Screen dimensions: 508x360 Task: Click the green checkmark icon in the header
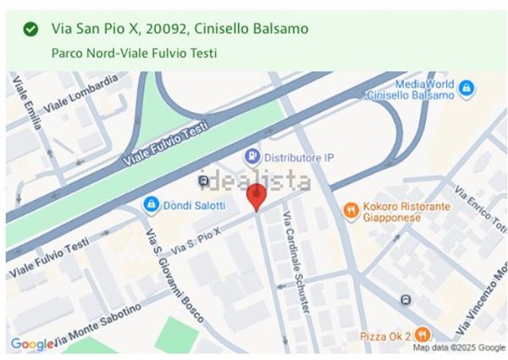coord(30,30)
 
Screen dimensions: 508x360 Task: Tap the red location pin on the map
coord(257,198)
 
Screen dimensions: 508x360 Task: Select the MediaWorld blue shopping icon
coord(466,87)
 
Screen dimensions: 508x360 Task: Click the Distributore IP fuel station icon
coord(251,157)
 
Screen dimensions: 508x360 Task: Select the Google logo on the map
coord(32,344)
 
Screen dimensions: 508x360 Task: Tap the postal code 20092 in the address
coord(166,30)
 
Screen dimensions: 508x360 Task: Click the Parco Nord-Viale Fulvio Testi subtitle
coord(134,53)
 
